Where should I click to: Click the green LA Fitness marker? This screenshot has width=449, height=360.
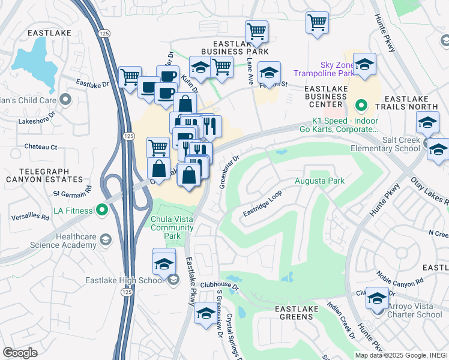(101, 210)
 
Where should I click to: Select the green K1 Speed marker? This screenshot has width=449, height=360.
(361, 107)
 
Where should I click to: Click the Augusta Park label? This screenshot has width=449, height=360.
(319, 181)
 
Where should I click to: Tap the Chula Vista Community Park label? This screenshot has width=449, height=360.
(172, 228)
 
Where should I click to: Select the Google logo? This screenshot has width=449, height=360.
(20, 352)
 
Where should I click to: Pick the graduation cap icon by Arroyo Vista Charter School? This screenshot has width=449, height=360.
(378, 298)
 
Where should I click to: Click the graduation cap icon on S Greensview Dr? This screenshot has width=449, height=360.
(206, 313)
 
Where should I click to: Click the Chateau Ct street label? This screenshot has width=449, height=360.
(41, 146)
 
